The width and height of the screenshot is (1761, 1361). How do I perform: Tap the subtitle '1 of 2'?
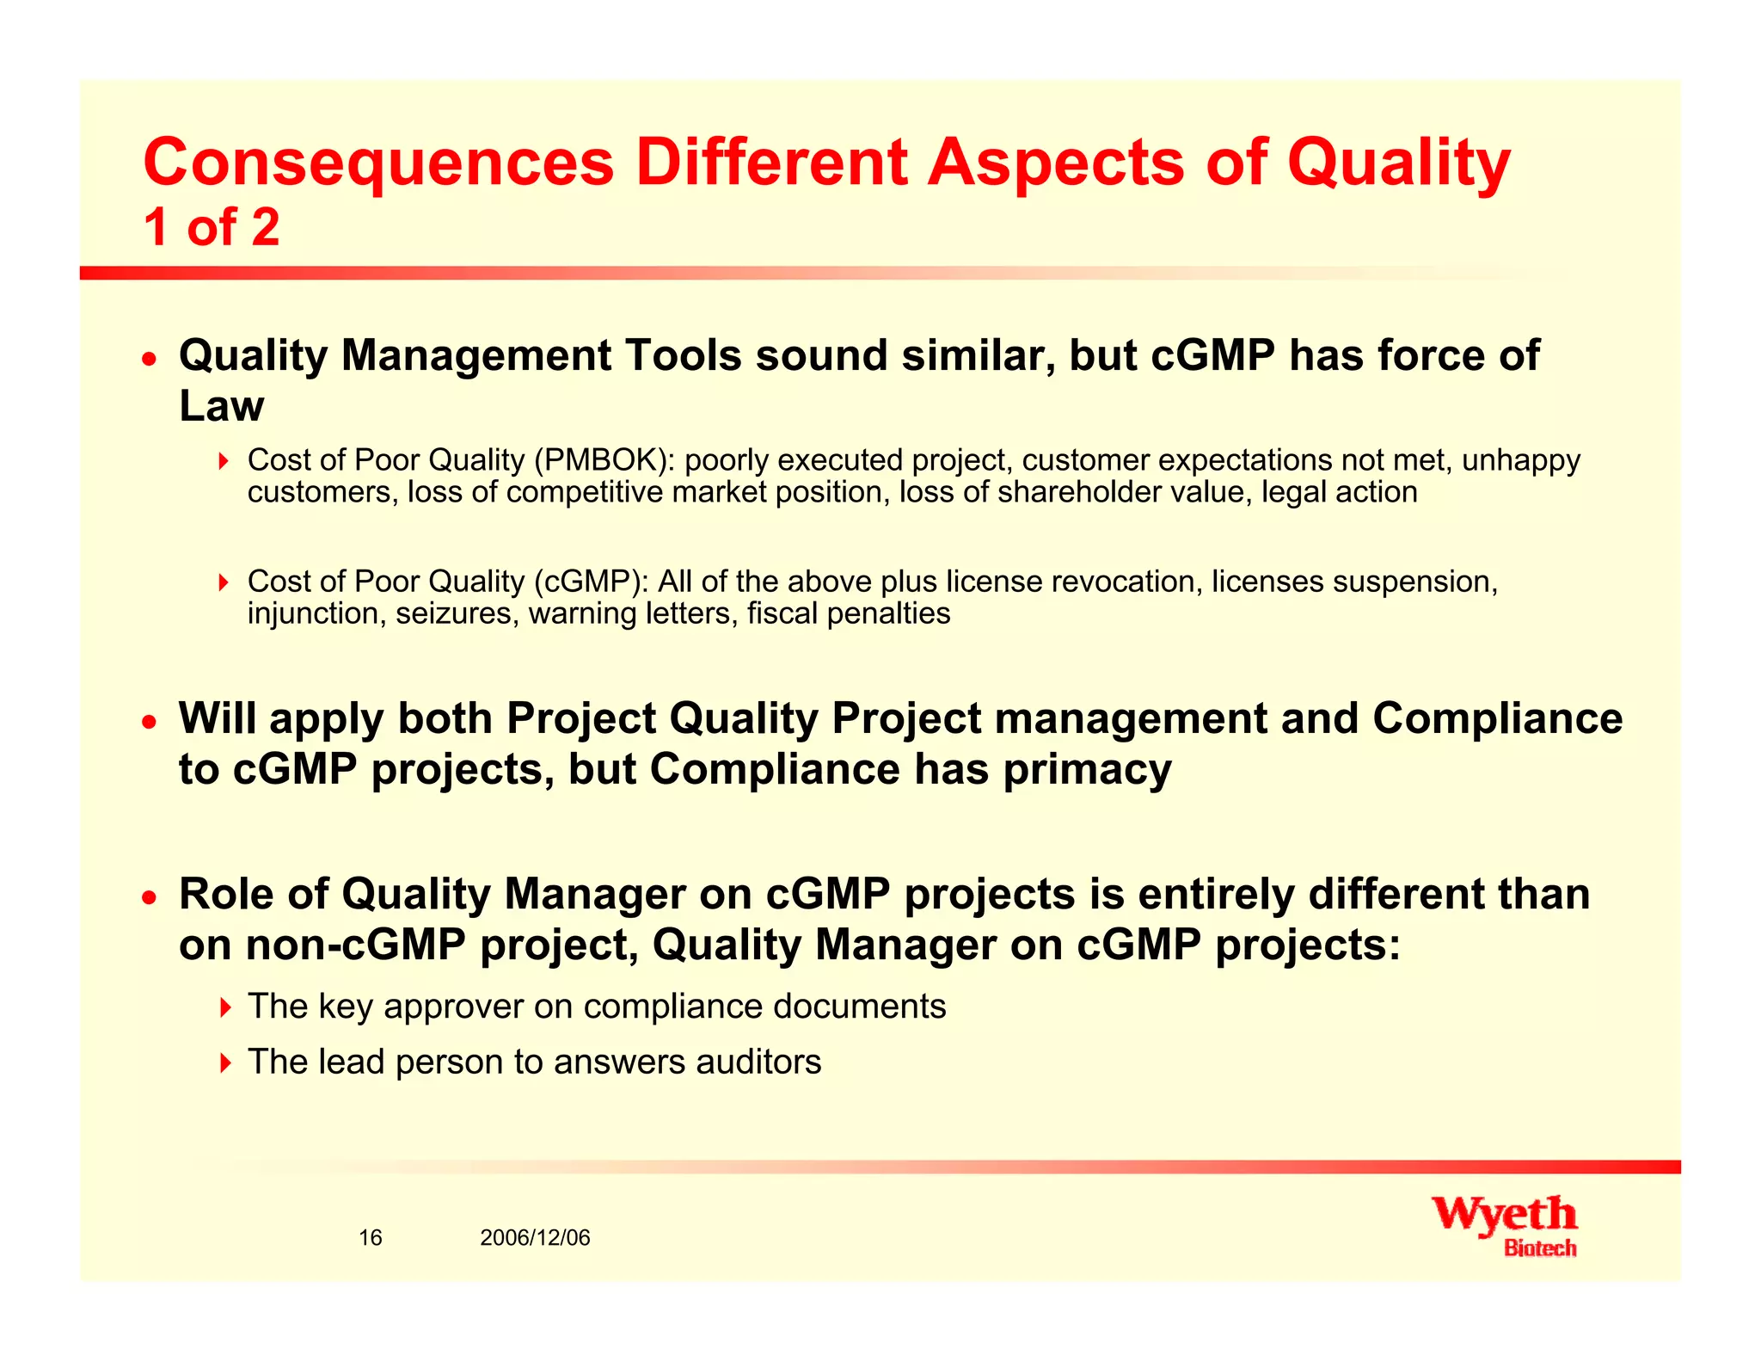point(212,228)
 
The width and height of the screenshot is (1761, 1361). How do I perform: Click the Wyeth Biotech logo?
point(1504,1225)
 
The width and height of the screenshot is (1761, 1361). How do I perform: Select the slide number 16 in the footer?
point(370,1237)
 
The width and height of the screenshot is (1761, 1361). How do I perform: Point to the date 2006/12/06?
point(535,1237)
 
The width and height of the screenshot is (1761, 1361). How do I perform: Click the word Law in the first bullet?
point(221,406)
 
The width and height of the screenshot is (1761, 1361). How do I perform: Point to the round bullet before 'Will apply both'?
point(150,721)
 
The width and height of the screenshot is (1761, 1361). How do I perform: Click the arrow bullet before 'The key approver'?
point(224,1007)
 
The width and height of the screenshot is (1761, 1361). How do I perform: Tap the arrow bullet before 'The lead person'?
point(224,1062)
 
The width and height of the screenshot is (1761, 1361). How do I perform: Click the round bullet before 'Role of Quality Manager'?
point(150,897)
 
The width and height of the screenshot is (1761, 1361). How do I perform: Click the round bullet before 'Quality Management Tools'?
point(150,358)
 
